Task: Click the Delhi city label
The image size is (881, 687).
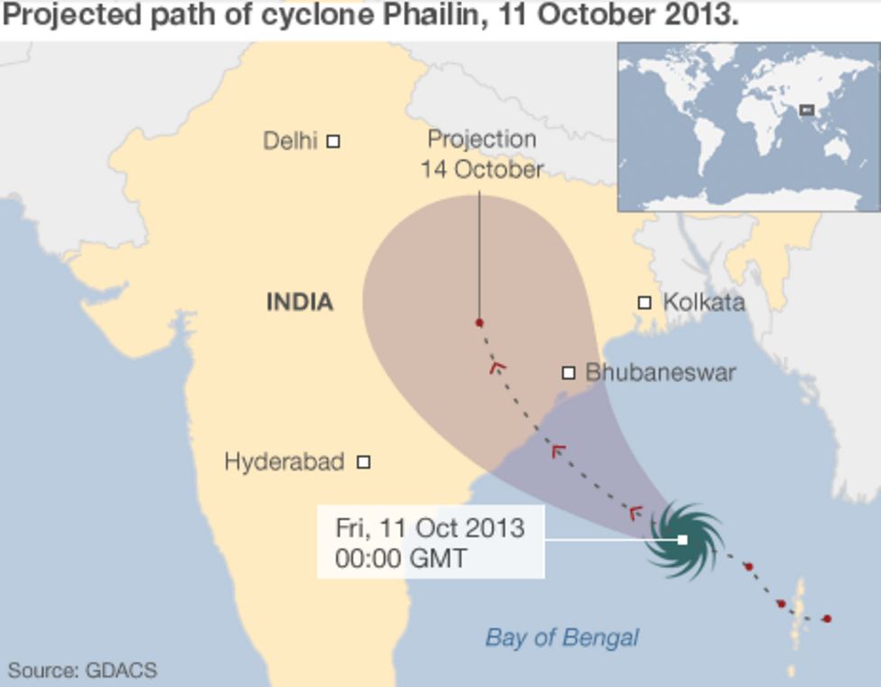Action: click(290, 141)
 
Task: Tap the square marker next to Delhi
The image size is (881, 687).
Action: click(333, 141)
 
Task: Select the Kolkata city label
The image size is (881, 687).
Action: click(704, 302)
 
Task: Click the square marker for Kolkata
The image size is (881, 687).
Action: click(645, 302)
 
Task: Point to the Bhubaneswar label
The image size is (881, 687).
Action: click(660, 372)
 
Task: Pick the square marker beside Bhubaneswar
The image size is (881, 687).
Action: click(569, 372)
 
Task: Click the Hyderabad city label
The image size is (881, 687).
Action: click(283, 462)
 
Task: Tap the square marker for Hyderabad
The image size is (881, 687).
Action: click(364, 462)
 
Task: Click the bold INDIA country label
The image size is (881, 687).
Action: click(300, 302)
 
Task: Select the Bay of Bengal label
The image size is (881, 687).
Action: click(561, 637)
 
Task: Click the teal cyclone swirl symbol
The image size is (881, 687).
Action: click(684, 541)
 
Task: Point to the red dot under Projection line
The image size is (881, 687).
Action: click(479, 322)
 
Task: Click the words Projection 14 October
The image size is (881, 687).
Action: click(481, 154)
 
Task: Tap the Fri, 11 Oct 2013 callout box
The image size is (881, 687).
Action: click(431, 542)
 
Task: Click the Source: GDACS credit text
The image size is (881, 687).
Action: click(82, 671)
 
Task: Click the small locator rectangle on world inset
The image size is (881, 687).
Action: click(807, 110)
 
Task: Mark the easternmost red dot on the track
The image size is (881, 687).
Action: click(827, 618)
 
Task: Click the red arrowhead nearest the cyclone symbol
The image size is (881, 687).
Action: click(635, 513)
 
